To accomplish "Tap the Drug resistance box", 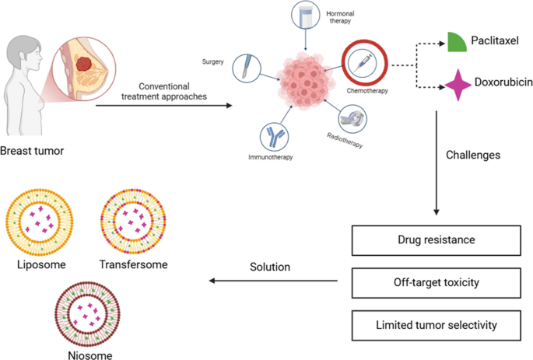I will click(432, 239).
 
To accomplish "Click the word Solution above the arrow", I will click(269, 267).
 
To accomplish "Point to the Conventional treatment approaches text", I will click(164, 90).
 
